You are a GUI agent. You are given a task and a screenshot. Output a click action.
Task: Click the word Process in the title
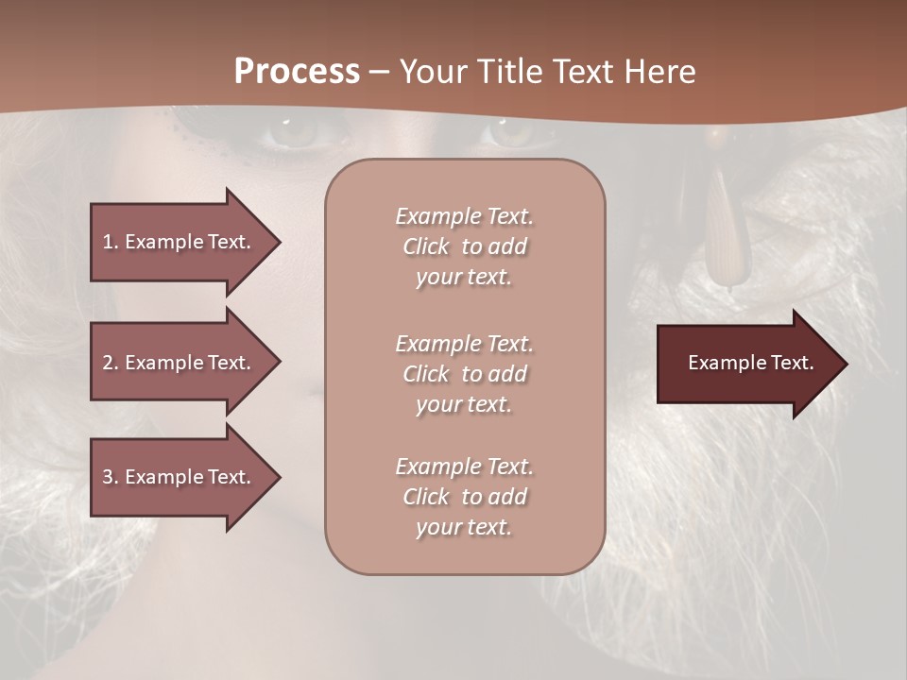(297, 72)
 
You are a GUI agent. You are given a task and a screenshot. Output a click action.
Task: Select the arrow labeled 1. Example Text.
(180, 242)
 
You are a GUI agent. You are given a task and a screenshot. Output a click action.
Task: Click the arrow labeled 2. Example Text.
(180, 363)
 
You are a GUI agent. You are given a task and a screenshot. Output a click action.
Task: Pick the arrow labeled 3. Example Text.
(180, 477)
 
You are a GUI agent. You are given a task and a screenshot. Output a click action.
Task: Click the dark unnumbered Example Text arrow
(746, 363)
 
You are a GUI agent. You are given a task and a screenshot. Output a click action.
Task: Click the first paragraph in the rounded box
(464, 246)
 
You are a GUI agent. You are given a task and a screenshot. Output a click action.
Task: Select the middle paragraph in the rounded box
(464, 374)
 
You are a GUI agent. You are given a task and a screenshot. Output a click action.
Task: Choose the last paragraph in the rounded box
(464, 497)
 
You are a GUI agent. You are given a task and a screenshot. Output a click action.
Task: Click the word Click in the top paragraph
(426, 246)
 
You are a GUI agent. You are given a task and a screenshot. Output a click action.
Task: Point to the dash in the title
(379, 73)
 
